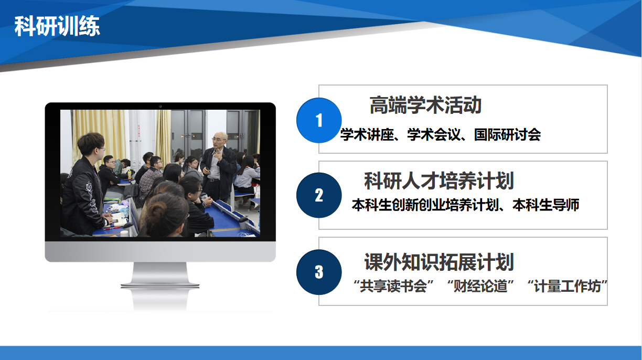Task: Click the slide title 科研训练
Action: [x=57, y=26]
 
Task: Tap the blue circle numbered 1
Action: [x=319, y=120]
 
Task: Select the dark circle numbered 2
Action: [x=319, y=195]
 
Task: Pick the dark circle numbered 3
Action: [x=319, y=272]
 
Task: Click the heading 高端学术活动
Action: [x=425, y=105]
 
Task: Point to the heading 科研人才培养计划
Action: [x=439, y=181]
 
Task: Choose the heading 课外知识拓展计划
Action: [x=439, y=262]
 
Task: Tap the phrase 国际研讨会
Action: [x=507, y=134]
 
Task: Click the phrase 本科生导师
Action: [x=545, y=205]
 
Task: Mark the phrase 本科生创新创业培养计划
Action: [x=425, y=205]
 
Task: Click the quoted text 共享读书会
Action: [x=393, y=286]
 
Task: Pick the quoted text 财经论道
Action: [x=480, y=286]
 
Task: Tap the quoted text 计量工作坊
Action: [x=568, y=286]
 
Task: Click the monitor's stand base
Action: [x=160, y=284]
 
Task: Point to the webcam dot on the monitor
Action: [x=160, y=106]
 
